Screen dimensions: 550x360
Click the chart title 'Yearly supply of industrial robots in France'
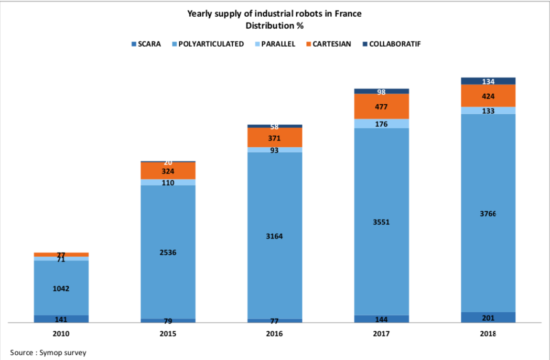pyautogui.click(x=274, y=14)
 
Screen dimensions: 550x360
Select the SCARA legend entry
pyautogui.click(x=146, y=44)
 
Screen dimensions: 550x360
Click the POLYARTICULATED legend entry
pyautogui.click(x=208, y=44)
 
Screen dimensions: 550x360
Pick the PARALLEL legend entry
pyautogui.click(x=275, y=44)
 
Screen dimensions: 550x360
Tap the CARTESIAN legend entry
pyautogui.click(x=329, y=44)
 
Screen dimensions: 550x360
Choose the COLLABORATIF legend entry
pyautogui.click(x=392, y=44)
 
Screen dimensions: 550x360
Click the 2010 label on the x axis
pyautogui.click(x=61, y=334)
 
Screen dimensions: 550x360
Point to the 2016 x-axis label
pyautogui.click(x=274, y=334)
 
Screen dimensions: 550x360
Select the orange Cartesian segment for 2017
pyautogui.click(x=381, y=106)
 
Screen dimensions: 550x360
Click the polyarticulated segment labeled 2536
pyautogui.click(x=168, y=252)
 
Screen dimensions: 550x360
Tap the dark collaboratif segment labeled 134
pyautogui.click(x=488, y=81)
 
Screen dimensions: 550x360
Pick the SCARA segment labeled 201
pyautogui.click(x=488, y=317)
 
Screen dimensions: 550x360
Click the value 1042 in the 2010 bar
pyautogui.click(x=61, y=289)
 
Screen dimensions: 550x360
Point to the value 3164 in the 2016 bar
pyautogui.click(x=274, y=236)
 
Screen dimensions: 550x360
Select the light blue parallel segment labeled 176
pyautogui.click(x=381, y=124)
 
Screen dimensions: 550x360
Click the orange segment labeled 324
pyautogui.click(x=168, y=171)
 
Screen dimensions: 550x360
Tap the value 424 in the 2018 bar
pyautogui.click(x=488, y=96)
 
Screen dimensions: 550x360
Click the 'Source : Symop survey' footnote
pyautogui.click(x=48, y=352)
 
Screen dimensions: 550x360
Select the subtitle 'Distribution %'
pyautogui.click(x=274, y=26)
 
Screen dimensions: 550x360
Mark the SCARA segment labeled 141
pyautogui.click(x=61, y=319)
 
